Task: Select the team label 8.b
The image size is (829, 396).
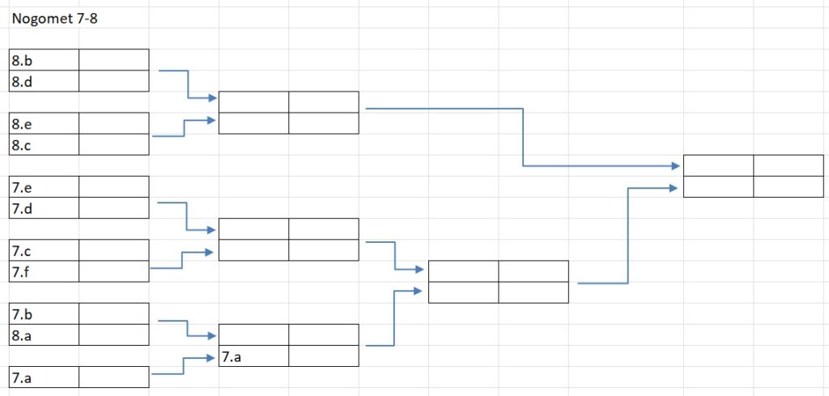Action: pyautogui.click(x=22, y=60)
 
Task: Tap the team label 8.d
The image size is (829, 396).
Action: pyautogui.click(x=22, y=81)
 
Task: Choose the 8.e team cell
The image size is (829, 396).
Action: pyautogui.click(x=22, y=124)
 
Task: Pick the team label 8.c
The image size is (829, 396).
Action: pyautogui.click(x=22, y=145)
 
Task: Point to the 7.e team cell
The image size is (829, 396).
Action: pyautogui.click(x=22, y=188)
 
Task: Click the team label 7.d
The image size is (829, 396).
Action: pyautogui.click(x=22, y=209)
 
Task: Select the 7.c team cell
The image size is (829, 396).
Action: pyautogui.click(x=22, y=251)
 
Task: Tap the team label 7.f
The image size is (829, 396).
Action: pyautogui.click(x=22, y=272)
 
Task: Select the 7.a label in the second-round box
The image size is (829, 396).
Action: pyautogui.click(x=231, y=356)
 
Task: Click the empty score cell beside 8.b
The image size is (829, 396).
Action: pyautogui.click(x=114, y=60)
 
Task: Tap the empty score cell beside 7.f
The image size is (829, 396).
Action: pyautogui.click(x=114, y=272)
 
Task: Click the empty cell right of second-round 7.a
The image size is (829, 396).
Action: pyautogui.click(x=323, y=356)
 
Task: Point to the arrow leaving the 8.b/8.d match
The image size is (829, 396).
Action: pyautogui.click(x=188, y=85)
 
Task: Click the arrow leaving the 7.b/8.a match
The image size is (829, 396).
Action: pyautogui.click(x=187, y=327)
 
